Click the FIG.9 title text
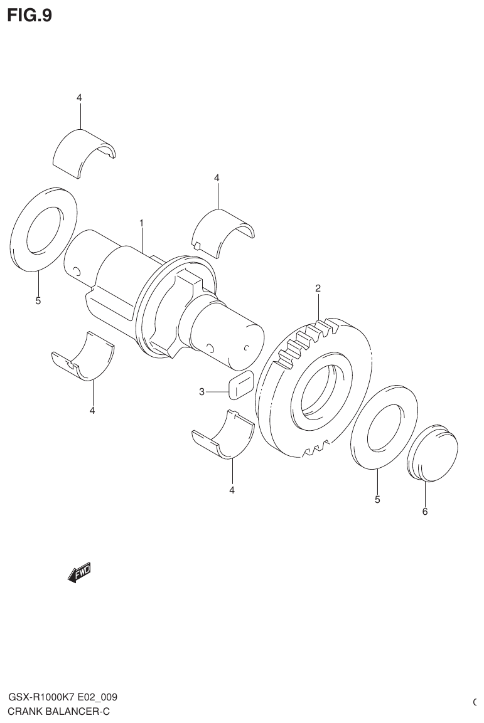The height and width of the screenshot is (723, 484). [x=29, y=15]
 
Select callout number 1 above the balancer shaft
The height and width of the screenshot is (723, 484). [x=142, y=223]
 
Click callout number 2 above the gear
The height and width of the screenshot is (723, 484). [x=318, y=288]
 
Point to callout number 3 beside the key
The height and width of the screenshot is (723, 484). [x=202, y=392]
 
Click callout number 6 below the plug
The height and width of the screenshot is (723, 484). [x=424, y=512]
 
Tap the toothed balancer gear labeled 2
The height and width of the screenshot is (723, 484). [x=314, y=392]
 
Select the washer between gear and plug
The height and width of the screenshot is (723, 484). [x=384, y=426]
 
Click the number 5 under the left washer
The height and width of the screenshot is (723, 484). [x=38, y=301]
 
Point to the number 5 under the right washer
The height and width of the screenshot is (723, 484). [x=377, y=500]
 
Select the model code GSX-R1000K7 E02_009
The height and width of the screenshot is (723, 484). [x=63, y=697]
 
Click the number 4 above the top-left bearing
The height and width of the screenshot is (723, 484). [x=79, y=97]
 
